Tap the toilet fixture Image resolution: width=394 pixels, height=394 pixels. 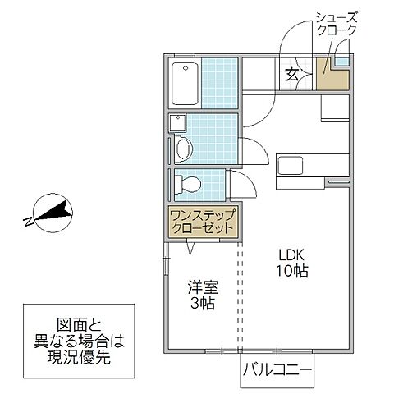click(187, 182)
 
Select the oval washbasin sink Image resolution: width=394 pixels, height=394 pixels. click(184, 149)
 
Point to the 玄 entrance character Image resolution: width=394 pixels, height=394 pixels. click(291, 76)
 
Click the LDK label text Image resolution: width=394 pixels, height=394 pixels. click(291, 254)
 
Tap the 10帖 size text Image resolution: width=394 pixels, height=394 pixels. click(291, 271)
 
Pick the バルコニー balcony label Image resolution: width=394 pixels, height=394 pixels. click(277, 371)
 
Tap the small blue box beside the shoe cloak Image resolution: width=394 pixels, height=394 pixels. click(341, 61)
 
